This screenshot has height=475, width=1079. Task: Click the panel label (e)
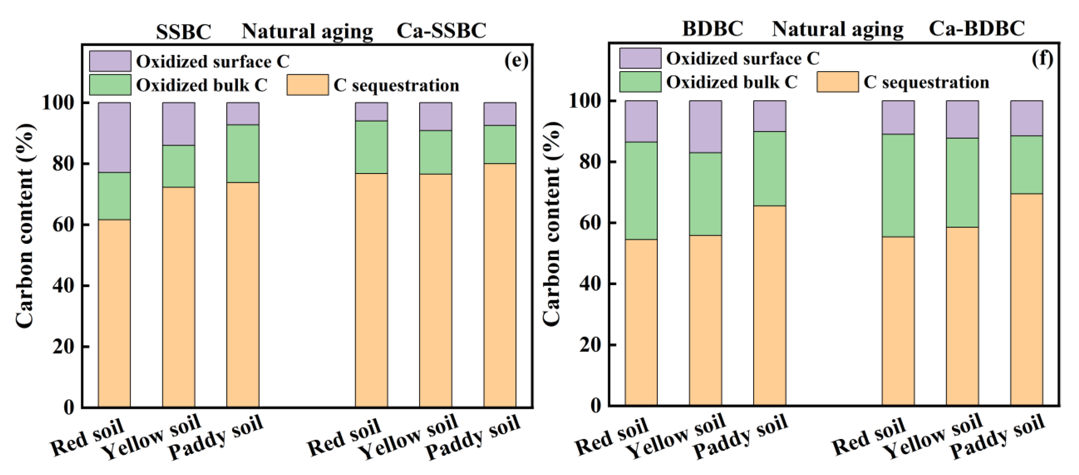coord(516,61)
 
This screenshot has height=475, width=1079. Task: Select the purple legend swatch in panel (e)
coord(110,61)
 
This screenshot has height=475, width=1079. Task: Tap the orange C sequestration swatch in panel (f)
coord(837,82)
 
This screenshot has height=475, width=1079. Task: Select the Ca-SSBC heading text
coord(441,31)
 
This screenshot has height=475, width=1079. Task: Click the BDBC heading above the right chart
coord(713,29)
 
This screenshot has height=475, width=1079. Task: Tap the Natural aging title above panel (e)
coord(307,32)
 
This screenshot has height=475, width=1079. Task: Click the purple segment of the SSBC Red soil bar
coord(114,138)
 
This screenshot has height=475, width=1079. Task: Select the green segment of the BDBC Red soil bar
coord(641,191)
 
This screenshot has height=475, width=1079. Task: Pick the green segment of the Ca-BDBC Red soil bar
coord(898,185)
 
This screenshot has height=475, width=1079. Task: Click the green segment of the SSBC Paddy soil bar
coord(243,153)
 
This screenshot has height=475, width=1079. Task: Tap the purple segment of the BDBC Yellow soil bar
coord(705,127)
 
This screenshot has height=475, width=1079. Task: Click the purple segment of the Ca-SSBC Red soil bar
coord(371,112)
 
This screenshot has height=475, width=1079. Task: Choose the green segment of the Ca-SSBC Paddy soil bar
coord(500,144)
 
